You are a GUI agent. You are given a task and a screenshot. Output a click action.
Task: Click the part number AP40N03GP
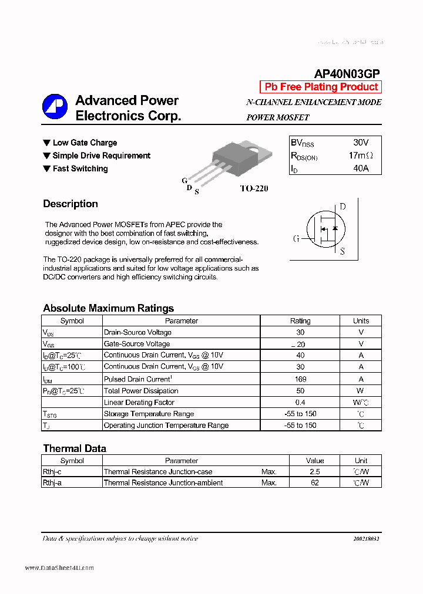click(347, 73)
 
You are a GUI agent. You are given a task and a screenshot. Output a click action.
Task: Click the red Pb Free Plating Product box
click(321, 87)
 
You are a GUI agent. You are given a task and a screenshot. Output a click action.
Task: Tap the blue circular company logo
click(55, 107)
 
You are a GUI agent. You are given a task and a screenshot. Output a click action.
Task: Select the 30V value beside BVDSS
click(361, 143)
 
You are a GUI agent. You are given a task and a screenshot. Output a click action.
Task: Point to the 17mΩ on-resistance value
click(360, 156)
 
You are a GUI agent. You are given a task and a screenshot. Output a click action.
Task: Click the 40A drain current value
click(361, 168)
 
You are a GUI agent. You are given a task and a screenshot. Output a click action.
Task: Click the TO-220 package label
click(254, 188)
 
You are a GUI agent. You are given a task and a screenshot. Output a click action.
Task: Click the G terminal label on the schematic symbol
click(296, 238)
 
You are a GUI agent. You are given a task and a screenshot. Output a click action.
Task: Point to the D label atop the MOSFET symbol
click(343, 207)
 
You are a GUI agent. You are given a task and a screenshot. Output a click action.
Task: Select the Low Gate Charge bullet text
click(85, 143)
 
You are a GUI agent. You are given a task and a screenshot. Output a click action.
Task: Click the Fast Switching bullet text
click(80, 168)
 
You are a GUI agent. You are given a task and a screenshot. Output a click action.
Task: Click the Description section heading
click(70, 204)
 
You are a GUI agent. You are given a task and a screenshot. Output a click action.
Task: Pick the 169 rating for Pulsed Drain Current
click(300, 379)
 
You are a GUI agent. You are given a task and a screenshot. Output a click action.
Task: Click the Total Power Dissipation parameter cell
click(141, 391)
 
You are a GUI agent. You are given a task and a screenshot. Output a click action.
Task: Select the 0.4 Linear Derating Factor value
click(300, 403)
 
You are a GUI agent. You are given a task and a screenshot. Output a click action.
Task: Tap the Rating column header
click(300, 321)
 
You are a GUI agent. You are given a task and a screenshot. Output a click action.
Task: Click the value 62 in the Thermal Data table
click(315, 482)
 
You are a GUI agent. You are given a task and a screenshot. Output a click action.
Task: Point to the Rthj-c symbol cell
click(52, 472)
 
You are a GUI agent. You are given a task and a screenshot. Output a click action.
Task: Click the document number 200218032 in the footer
click(367, 538)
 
